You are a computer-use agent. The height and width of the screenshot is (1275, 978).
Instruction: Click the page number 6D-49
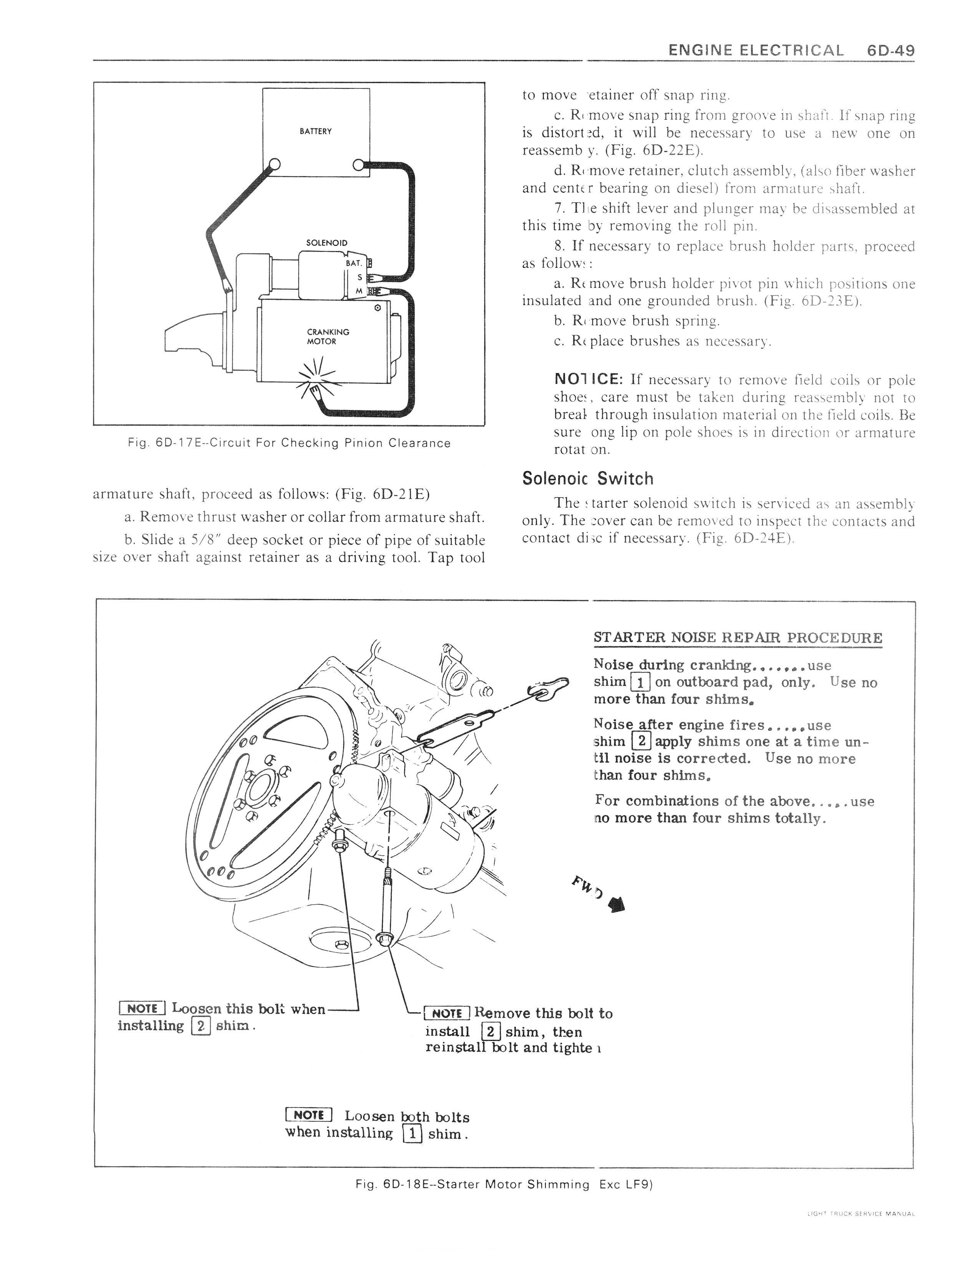(890, 51)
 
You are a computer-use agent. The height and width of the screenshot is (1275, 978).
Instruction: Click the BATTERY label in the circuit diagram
(315, 131)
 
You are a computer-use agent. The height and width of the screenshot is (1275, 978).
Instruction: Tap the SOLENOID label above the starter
(327, 242)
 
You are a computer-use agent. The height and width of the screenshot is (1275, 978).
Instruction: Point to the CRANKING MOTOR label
(328, 337)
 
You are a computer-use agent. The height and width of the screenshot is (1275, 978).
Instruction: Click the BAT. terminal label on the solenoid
(354, 263)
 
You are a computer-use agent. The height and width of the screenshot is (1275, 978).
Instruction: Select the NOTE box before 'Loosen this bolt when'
(142, 1008)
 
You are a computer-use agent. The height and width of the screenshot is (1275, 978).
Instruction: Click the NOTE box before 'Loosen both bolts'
(308, 1115)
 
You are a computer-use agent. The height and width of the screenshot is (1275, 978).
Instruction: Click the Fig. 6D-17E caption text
(289, 443)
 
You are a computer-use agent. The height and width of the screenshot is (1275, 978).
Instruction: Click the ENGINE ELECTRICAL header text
(755, 51)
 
